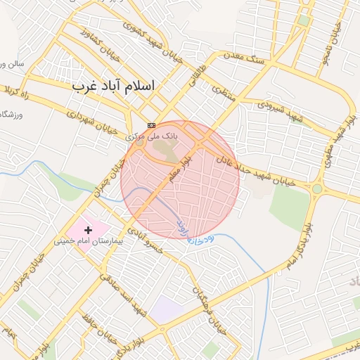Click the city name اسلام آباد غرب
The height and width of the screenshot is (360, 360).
[x=113, y=85]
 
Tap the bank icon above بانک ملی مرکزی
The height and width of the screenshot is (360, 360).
[x=152, y=124]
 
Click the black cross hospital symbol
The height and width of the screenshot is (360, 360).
[x=88, y=230]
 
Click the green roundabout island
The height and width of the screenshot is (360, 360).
[x=317, y=188]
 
